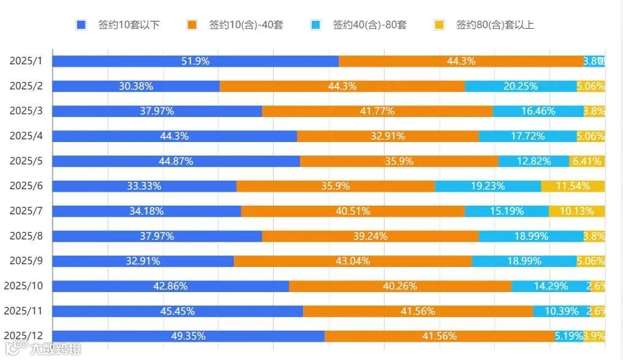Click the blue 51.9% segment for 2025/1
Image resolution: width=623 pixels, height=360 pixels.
195,61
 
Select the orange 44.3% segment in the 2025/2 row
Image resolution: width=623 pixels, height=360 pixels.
342,86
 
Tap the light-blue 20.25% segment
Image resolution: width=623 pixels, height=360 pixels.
520,86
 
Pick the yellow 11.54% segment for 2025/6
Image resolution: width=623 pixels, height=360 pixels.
573,186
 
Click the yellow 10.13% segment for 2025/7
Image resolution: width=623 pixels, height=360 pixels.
576,211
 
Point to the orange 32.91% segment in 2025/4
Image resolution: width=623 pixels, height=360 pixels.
388,136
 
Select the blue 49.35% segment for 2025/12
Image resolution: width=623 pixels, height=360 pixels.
188,336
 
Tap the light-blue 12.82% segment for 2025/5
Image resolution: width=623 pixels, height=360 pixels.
533,161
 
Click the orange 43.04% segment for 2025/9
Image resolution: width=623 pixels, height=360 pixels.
353,261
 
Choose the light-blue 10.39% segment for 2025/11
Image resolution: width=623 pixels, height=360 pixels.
561,311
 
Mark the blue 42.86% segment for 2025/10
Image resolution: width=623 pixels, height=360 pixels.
170,286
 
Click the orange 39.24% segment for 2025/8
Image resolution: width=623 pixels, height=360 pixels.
370,236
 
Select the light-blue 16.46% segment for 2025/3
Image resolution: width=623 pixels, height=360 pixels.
538,111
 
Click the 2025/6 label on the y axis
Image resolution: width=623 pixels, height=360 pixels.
25,186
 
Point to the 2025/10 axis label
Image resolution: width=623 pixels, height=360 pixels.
23,286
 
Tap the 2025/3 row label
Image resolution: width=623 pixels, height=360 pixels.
25,111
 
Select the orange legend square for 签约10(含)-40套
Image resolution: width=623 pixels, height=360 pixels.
192,25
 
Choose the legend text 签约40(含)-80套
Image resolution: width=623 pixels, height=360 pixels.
369,25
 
